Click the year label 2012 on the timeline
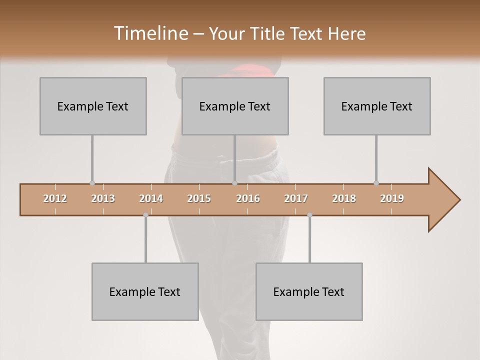[55, 198]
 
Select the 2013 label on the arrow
[103, 198]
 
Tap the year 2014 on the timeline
[151, 198]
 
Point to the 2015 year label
[199, 198]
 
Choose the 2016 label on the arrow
[248, 198]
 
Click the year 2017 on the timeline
[296, 198]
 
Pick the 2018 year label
[344, 198]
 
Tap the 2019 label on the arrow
[392, 198]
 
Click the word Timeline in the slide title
[150, 33]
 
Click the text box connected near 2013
[93, 106]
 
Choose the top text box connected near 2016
[235, 106]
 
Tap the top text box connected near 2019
[377, 106]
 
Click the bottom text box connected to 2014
[145, 292]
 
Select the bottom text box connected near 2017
[309, 292]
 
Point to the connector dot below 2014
[145, 215]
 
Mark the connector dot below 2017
[309, 215]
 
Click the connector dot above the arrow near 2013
[92, 183]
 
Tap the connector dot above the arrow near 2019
[376, 183]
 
